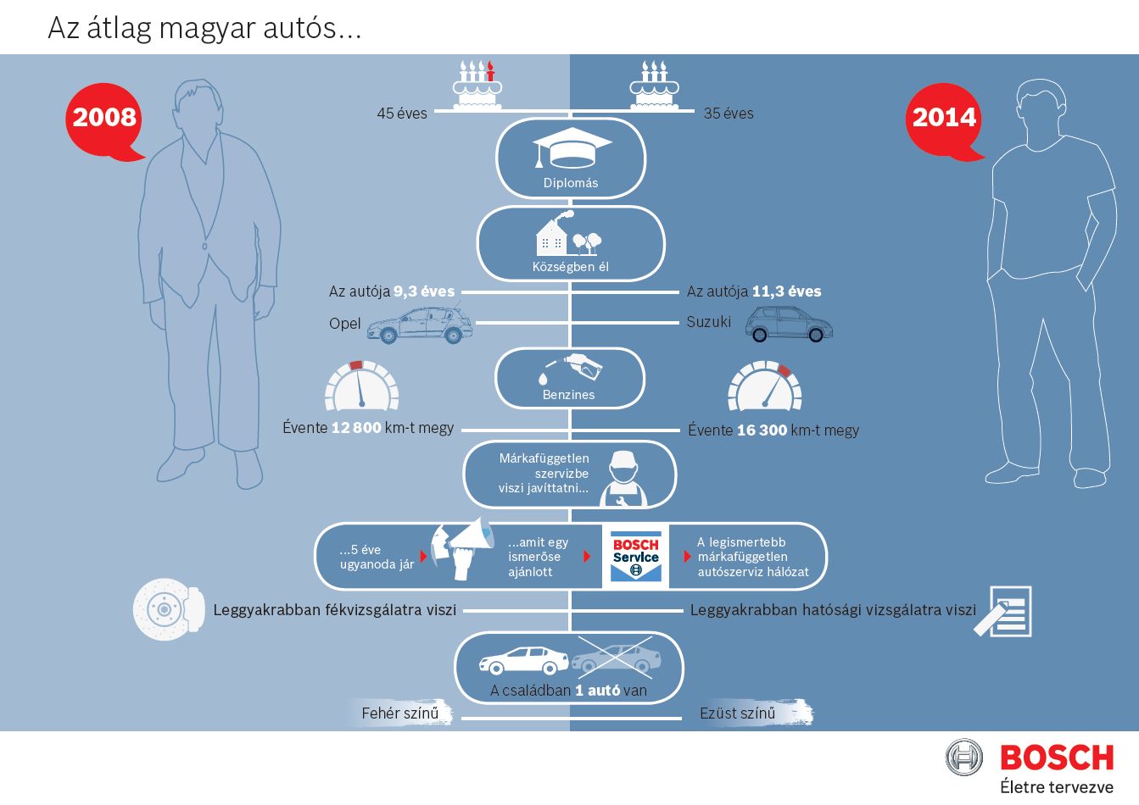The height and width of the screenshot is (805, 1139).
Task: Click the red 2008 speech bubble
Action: pyautogui.click(x=104, y=119)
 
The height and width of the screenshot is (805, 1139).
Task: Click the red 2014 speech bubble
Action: pyautogui.click(x=944, y=119)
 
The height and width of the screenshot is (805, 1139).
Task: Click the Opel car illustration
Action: pyautogui.click(x=420, y=325)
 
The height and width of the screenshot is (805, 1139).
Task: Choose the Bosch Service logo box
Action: pyautogui.click(x=635, y=556)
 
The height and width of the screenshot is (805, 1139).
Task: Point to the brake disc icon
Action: pyautogui.click(x=169, y=609)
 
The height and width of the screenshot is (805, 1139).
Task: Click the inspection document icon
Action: pyautogui.click(x=1004, y=611)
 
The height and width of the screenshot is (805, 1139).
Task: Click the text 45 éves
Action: pyautogui.click(x=402, y=114)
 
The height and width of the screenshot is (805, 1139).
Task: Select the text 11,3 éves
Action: pyautogui.click(x=786, y=291)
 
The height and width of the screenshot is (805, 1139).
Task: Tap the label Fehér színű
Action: pyautogui.click(x=400, y=713)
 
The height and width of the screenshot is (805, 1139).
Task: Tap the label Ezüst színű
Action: pyautogui.click(x=738, y=713)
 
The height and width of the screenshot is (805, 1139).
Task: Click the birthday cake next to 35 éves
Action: pyautogui.click(x=654, y=86)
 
